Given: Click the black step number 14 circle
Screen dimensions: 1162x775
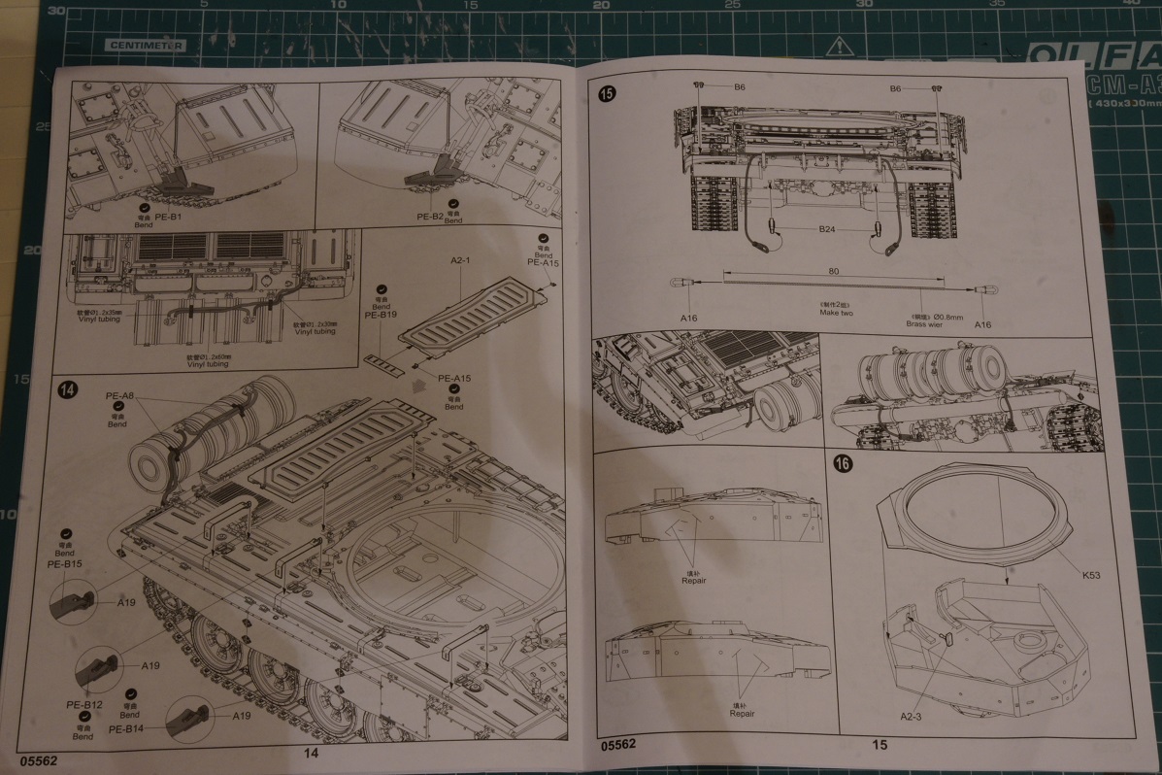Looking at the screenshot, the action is [x=68, y=390].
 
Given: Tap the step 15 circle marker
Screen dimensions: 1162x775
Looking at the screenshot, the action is [x=607, y=94].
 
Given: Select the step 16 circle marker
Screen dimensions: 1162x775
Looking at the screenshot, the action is [x=843, y=464].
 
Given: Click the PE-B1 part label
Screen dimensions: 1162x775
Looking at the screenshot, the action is [x=168, y=216].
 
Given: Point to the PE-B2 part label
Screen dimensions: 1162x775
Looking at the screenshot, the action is [x=430, y=217].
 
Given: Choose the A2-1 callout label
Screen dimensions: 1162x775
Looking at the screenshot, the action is [x=461, y=261].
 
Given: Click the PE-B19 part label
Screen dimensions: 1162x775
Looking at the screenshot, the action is [x=381, y=316].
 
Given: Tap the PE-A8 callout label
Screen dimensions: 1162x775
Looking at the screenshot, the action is [x=118, y=396].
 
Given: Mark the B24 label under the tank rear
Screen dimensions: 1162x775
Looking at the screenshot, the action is [x=826, y=230].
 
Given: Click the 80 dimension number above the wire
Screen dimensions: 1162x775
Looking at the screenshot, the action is [x=834, y=272].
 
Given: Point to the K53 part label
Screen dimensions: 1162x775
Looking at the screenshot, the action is [x=1088, y=575].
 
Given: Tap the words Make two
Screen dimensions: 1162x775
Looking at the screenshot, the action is [x=835, y=312].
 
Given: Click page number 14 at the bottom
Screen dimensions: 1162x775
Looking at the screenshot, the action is [x=311, y=751].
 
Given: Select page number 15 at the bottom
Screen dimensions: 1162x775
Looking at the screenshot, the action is [x=880, y=745].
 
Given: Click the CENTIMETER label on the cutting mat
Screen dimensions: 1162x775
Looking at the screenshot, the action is [x=146, y=45].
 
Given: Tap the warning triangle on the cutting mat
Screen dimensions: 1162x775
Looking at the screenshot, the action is [x=839, y=46].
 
